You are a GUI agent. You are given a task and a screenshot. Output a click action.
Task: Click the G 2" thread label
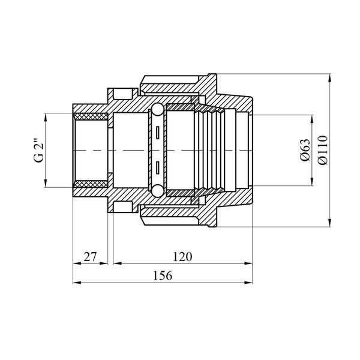(39, 151)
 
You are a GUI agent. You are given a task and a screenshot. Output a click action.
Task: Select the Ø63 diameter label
(305, 150)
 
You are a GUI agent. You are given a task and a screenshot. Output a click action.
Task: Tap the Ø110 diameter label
(323, 150)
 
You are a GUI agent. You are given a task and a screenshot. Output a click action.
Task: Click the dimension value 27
(90, 257)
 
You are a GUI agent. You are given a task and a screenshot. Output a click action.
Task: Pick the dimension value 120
(182, 257)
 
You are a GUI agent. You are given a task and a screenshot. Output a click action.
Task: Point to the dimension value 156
(163, 276)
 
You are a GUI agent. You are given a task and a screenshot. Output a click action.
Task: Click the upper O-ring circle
(157, 109)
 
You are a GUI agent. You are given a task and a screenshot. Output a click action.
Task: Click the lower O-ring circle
(157, 191)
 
